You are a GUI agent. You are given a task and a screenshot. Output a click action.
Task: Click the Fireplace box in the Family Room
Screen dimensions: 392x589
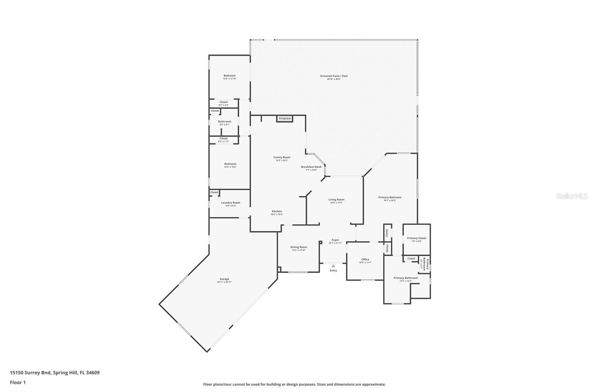pyautogui.click(x=285, y=118)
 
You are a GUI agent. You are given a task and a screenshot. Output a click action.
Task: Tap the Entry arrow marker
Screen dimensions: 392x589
pyautogui.click(x=333, y=266)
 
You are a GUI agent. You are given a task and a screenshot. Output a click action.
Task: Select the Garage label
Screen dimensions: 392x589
pyautogui.click(x=224, y=279)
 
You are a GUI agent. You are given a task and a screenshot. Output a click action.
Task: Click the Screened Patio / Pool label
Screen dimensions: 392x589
pyautogui.click(x=334, y=76)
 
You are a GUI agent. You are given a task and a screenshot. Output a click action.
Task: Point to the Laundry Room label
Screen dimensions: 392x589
pyautogui.click(x=230, y=203)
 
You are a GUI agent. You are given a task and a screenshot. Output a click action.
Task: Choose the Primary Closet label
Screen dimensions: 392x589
pyautogui.click(x=416, y=238)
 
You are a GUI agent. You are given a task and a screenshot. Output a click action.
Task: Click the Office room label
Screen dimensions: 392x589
pyautogui.click(x=365, y=259)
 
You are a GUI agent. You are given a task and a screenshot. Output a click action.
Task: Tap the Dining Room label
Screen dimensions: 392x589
pyautogui.click(x=299, y=247)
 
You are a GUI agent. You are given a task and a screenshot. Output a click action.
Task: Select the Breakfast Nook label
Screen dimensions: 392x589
pyautogui.click(x=311, y=167)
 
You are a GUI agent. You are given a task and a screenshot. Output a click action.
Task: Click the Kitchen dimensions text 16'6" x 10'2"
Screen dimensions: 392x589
pyautogui.click(x=276, y=214)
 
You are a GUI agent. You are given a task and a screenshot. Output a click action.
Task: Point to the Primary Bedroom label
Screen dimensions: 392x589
pyautogui.click(x=390, y=197)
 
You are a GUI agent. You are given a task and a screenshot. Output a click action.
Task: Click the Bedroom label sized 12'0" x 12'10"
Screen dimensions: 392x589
pyautogui.click(x=229, y=76)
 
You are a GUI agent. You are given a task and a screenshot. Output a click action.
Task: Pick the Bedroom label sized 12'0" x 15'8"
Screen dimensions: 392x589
pyautogui.click(x=230, y=164)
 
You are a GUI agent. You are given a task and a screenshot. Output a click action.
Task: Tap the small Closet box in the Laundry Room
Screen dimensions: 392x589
pyautogui.click(x=214, y=192)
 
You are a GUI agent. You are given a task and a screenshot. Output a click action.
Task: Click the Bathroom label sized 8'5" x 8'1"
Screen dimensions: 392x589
pyautogui.click(x=225, y=122)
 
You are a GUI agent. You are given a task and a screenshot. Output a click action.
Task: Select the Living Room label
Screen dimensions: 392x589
pyautogui.click(x=336, y=200)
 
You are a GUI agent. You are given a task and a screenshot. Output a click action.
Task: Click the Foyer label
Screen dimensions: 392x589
pyautogui.click(x=335, y=240)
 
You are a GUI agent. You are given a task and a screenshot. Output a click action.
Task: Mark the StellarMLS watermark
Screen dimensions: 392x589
pyautogui.click(x=571, y=196)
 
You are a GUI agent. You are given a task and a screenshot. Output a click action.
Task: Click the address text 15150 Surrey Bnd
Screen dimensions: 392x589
pyautogui.click(x=31, y=373)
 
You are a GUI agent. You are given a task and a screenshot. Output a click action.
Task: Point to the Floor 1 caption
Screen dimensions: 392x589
pyautogui.click(x=18, y=382)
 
